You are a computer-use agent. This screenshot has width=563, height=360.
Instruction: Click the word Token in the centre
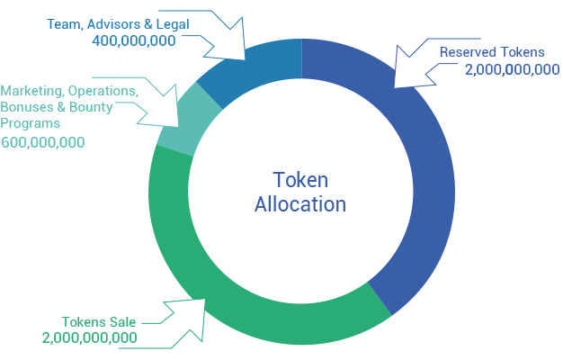300,180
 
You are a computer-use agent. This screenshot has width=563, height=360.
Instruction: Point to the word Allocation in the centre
300,204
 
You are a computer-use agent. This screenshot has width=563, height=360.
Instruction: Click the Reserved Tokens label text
492,52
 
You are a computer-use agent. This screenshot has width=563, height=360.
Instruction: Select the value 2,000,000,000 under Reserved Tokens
513,69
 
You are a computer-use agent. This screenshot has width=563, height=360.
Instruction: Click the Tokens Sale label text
99,322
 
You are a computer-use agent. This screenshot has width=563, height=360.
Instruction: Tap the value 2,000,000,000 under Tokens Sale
90,338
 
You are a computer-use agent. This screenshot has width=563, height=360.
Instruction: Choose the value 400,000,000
134,40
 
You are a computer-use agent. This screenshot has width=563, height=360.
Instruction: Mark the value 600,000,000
43,142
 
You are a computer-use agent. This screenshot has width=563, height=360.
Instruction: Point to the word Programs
31,123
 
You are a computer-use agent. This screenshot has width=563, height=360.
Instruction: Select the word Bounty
91,107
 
